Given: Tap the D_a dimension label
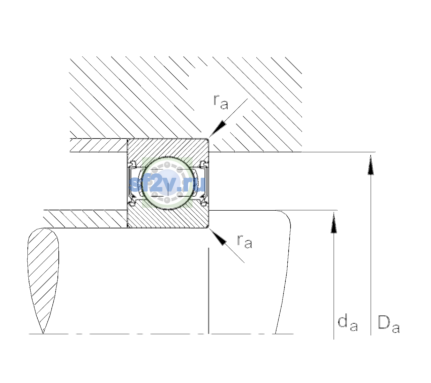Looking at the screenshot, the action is [x=389, y=324].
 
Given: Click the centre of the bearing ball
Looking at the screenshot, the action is [x=168, y=183].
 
